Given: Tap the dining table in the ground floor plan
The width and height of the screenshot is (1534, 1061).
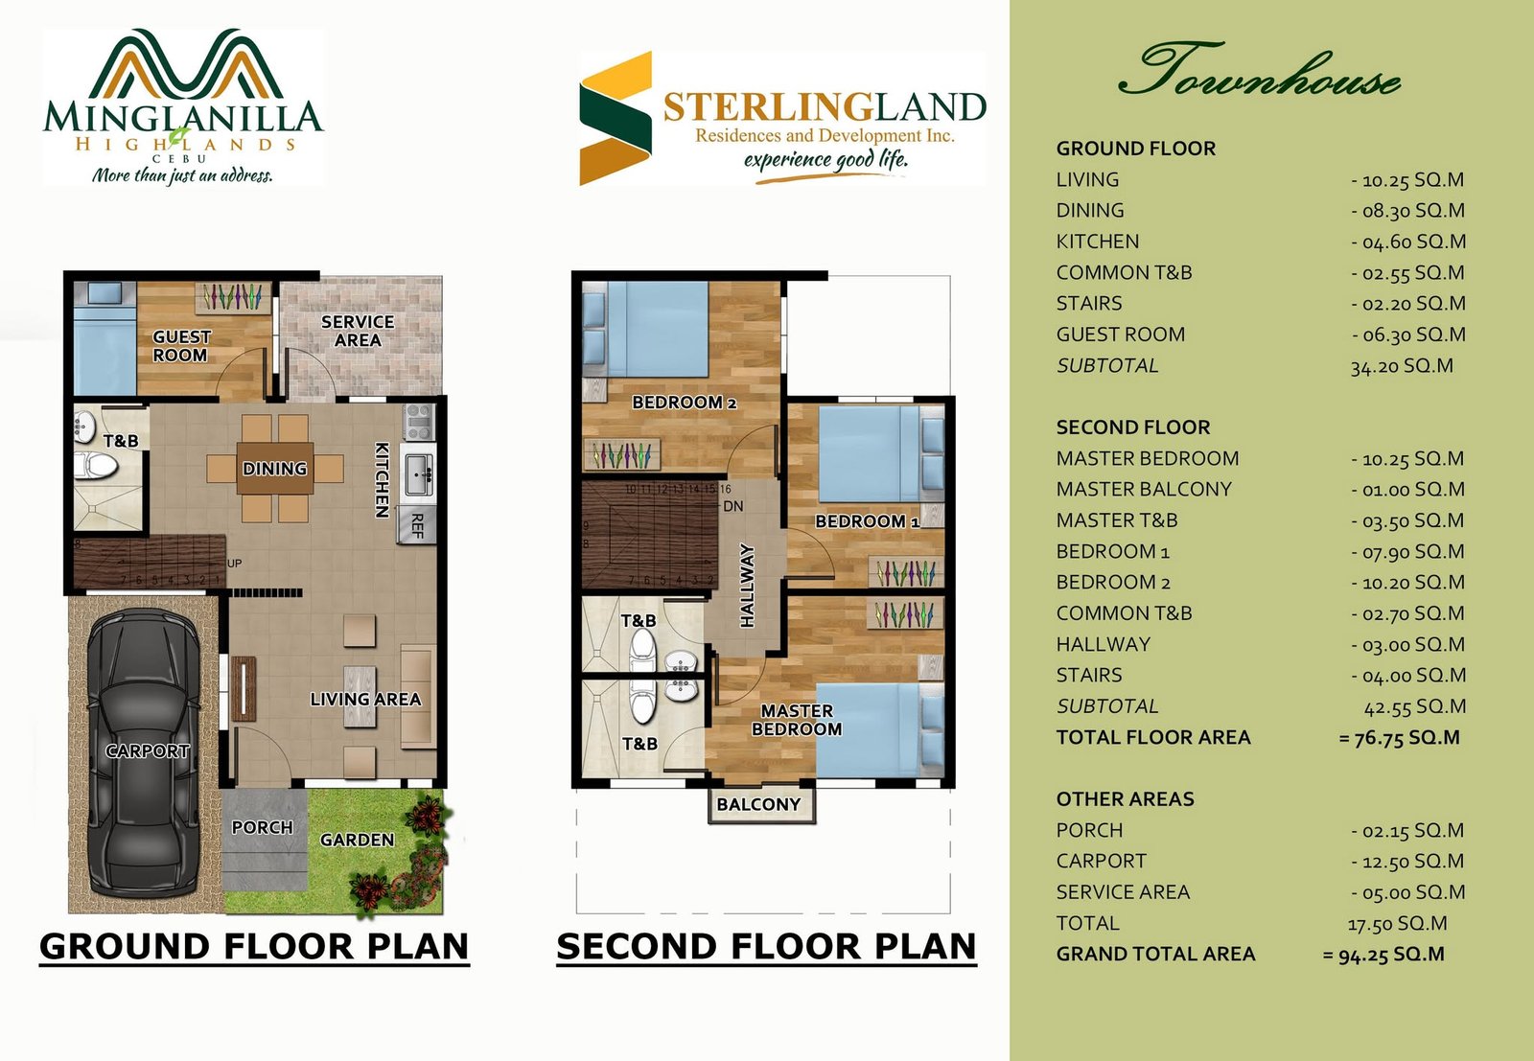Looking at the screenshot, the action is [x=275, y=469].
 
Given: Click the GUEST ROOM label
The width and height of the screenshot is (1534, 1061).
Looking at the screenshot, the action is [x=181, y=346].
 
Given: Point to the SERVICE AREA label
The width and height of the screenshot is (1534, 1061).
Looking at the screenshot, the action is [x=358, y=331].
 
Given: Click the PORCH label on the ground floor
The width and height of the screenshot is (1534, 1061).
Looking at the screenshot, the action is [x=263, y=827].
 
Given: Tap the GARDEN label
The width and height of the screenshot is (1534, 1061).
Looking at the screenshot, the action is [x=357, y=840].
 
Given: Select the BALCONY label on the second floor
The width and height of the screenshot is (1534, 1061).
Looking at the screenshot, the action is [x=758, y=804].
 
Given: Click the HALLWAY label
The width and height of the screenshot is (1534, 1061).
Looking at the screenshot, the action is [x=747, y=586].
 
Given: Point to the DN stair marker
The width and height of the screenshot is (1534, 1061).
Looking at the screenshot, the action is [x=732, y=507].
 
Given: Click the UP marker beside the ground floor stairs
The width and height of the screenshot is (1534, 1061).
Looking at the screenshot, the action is [x=234, y=564].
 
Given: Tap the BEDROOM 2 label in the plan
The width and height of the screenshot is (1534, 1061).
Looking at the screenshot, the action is [x=685, y=403].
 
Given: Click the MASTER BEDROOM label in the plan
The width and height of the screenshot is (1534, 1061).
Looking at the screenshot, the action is [x=797, y=720].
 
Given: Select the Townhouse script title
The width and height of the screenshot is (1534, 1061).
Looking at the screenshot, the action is [x=1260, y=70].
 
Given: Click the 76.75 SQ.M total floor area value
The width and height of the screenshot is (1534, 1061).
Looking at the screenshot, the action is [x=1400, y=738].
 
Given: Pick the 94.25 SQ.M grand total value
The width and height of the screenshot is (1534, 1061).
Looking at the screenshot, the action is [x=1384, y=955].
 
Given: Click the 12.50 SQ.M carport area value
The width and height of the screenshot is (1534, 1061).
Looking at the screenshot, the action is [x=1407, y=861].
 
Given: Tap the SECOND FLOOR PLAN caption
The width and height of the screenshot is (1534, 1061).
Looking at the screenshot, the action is [x=766, y=947].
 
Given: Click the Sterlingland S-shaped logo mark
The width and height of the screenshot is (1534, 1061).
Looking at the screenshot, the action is [x=616, y=119].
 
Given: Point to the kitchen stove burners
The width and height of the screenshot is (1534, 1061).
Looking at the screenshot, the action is [x=418, y=422].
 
